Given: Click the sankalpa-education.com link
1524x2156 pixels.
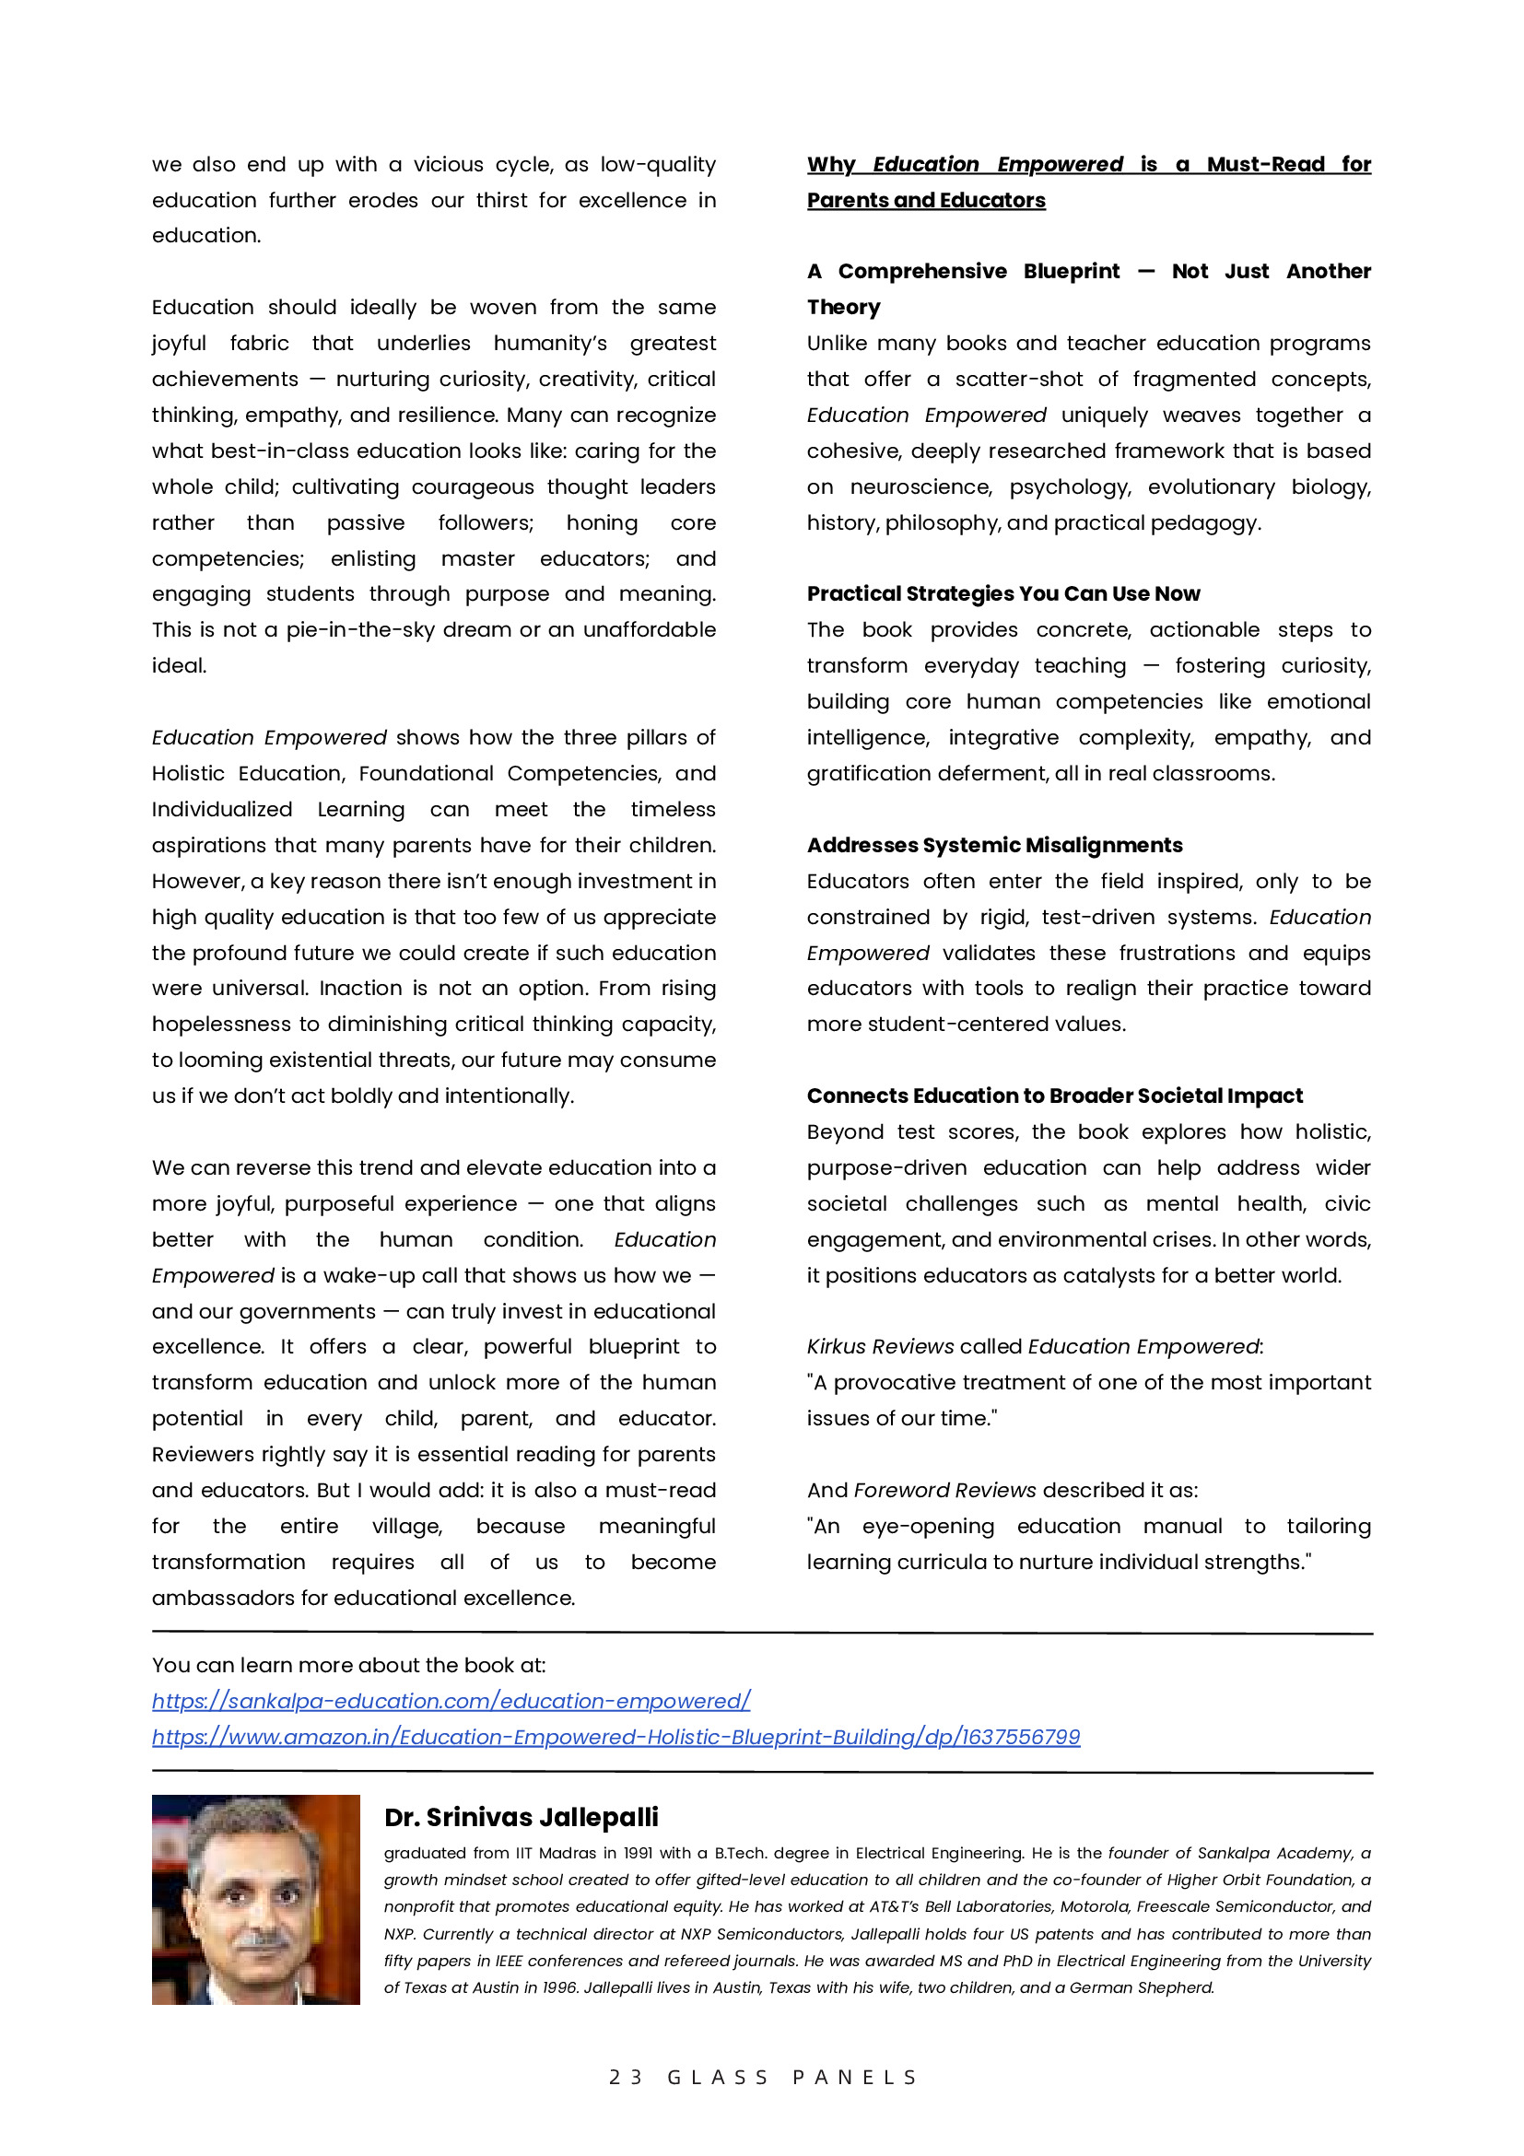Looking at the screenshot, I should [451, 1701].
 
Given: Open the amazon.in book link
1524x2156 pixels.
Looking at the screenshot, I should [616, 1736].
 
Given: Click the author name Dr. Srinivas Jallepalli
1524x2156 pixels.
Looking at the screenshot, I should [522, 1817].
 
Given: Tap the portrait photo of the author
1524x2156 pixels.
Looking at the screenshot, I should [255, 1899].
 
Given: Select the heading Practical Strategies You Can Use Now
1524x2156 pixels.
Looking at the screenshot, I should [1002, 593].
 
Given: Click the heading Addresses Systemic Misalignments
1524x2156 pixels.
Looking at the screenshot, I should [994, 845].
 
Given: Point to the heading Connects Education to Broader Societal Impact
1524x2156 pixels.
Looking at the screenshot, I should [1054, 1096].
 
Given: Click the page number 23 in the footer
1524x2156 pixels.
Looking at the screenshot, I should [626, 2077].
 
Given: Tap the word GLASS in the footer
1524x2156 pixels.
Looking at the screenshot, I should [719, 2077].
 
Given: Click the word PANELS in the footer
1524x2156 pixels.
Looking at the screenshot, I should [854, 2077].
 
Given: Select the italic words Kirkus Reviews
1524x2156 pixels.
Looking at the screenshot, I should [880, 1346].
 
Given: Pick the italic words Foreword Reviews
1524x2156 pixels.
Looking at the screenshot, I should [944, 1490].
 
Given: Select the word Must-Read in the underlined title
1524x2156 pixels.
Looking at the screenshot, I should [1265, 164].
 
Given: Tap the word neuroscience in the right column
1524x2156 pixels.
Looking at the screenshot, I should [920, 486].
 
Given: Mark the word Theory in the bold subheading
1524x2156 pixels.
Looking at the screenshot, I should [843, 307].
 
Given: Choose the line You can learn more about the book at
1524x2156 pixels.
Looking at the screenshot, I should [348, 1665].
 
